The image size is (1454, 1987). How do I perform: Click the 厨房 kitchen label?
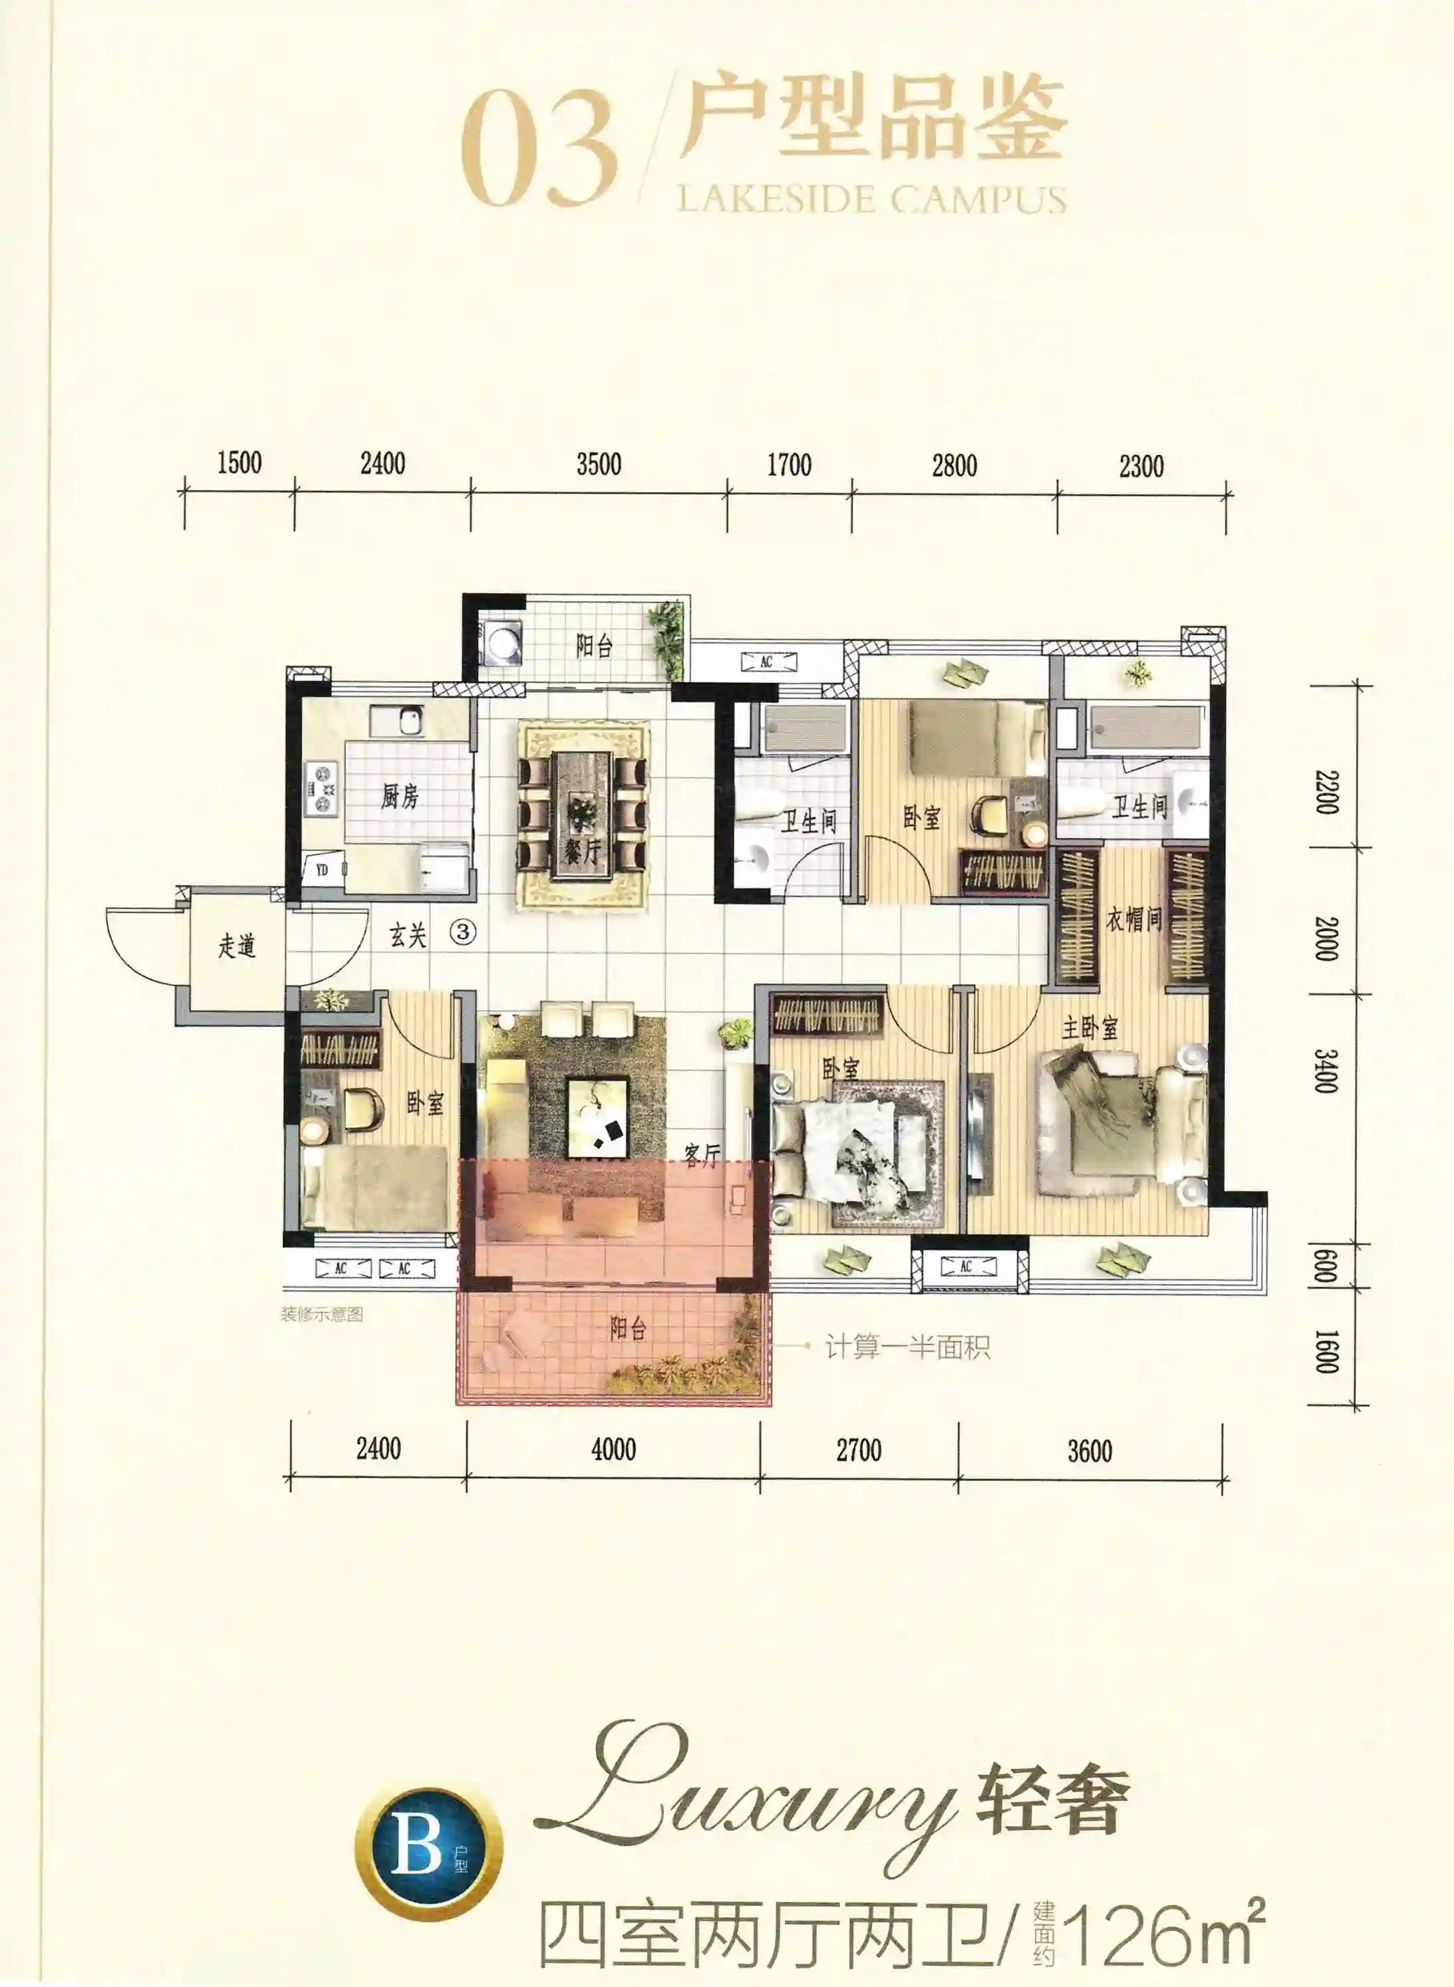400,797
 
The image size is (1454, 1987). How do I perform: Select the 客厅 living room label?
702,1154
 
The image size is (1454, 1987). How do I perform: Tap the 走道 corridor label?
237,946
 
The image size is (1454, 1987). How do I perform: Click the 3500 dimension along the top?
599,464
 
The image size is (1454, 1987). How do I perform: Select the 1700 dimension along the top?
790,465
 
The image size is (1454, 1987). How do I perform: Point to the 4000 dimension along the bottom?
613,1448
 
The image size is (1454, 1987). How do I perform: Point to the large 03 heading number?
538,150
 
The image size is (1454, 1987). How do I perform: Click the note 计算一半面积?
907,1347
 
